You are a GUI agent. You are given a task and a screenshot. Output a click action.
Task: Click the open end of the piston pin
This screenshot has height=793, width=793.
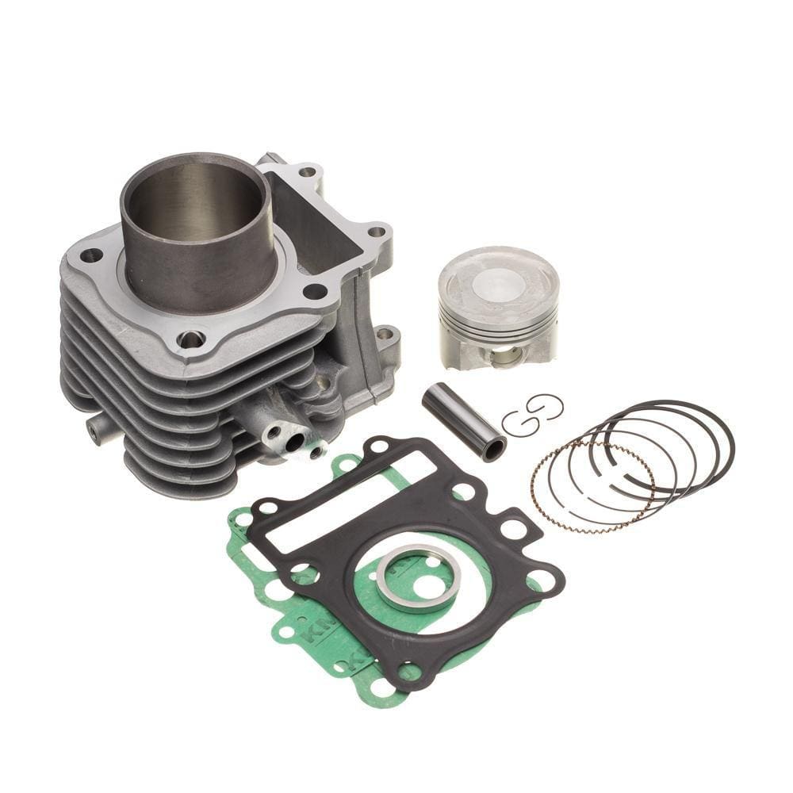click(x=494, y=449)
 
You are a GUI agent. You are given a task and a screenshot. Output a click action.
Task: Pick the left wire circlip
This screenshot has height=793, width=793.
click(x=520, y=422)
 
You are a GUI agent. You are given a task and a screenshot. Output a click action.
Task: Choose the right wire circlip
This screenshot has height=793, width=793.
click(x=547, y=406)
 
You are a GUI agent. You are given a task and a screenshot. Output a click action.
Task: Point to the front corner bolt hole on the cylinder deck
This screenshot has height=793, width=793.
click(x=191, y=339)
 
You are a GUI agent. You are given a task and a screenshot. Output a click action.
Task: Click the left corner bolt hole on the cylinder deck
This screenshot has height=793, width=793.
click(x=92, y=255)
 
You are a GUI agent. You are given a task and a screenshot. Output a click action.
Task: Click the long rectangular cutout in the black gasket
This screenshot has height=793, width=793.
click(x=349, y=500)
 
